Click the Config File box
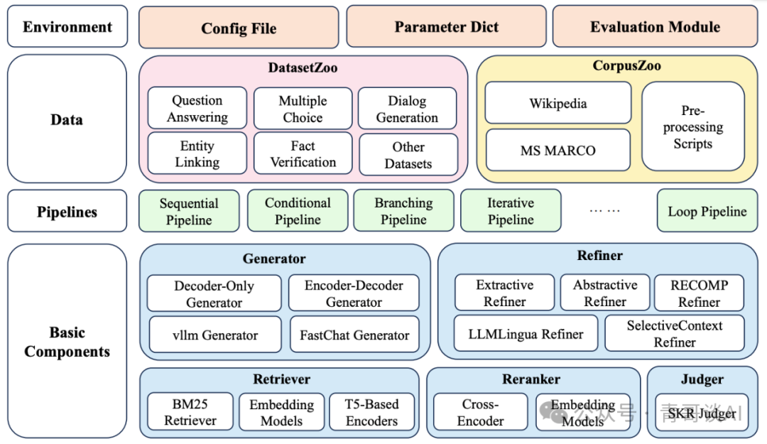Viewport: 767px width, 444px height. pos(239,28)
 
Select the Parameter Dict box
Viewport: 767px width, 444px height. pos(446,26)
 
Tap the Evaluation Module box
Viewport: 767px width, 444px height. pos(655,26)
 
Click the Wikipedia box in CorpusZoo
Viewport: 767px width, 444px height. pos(558,103)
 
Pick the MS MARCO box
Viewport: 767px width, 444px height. pos(558,150)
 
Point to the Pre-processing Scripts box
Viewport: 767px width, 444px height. pos(693,126)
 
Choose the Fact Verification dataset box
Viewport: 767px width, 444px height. pos(303,153)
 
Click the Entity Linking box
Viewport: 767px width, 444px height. pos(197,153)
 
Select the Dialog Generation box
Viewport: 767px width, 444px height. pos(408,108)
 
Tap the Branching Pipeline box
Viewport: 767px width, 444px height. pos(403,210)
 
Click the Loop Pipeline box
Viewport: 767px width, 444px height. pos(707,210)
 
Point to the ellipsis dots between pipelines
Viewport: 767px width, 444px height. pos(604,210)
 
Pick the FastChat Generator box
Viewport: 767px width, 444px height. pos(354,335)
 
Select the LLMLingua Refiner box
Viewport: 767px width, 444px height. pos(526,333)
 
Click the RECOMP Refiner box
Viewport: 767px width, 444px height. pos(699,293)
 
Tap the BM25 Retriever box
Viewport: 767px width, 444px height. pos(190,412)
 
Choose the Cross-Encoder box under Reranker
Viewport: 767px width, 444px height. pos(480,412)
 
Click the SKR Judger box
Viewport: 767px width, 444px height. pos(702,413)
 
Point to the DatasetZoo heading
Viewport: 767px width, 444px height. pos(303,67)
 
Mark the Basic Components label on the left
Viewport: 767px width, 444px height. pos(67,342)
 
